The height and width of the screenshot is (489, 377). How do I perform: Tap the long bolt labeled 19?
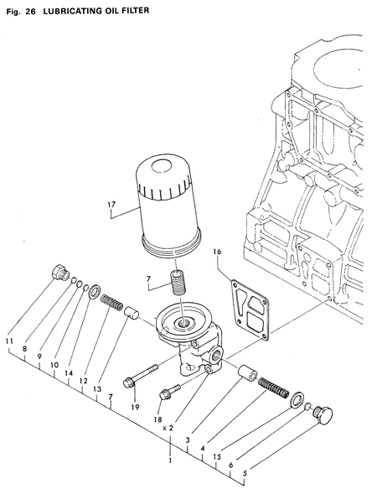[143, 376]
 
